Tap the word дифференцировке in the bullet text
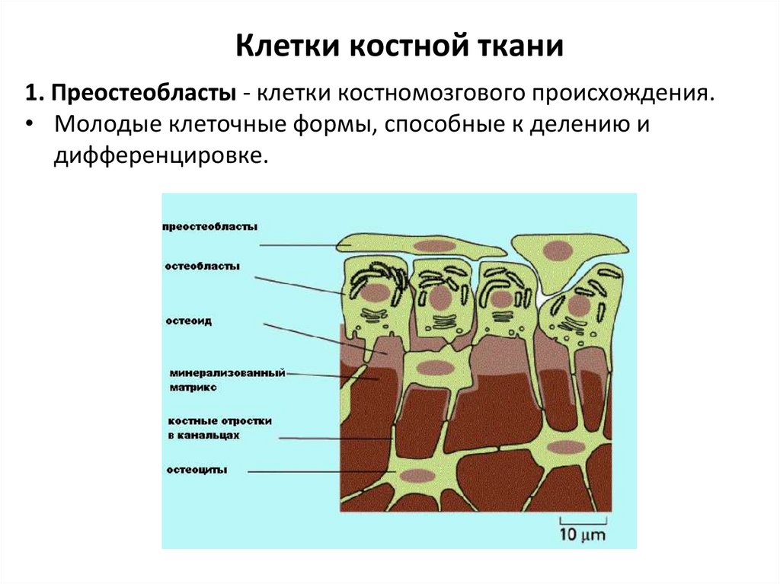[161, 155]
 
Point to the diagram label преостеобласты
[210, 227]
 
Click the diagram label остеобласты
[202, 266]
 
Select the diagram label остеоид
[188, 321]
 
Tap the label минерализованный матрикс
[227, 380]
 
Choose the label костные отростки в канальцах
[219, 428]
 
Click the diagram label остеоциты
[197, 470]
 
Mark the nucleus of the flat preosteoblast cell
[434, 246]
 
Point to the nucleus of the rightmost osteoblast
[579, 305]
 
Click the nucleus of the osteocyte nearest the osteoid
[435, 368]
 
